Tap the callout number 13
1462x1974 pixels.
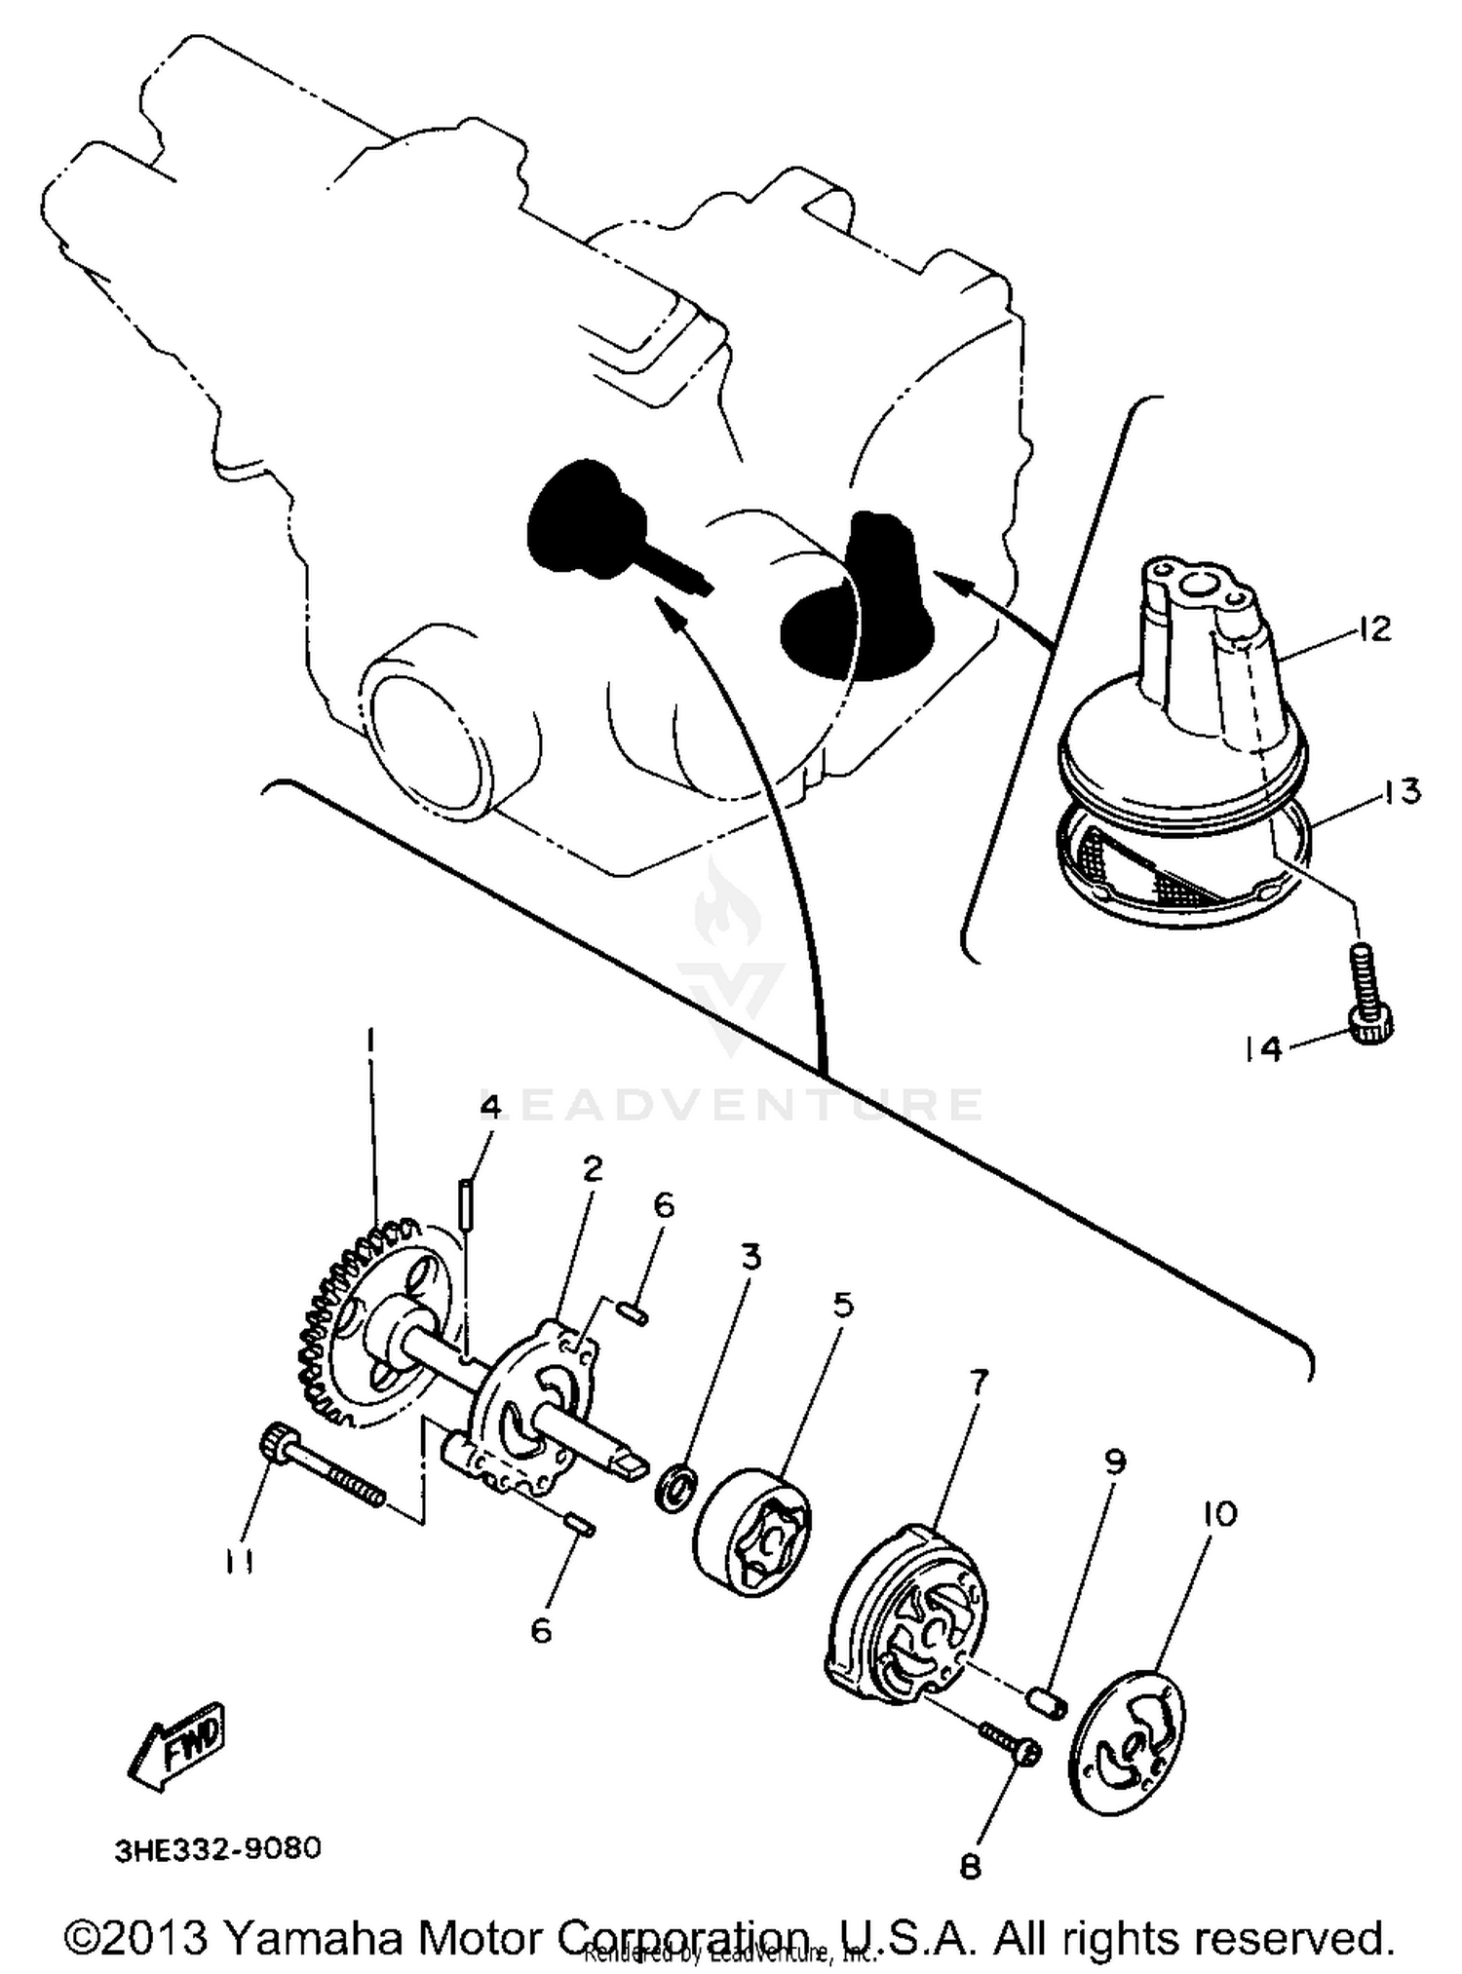[x=1401, y=791]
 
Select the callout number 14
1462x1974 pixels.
[x=1264, y=1049]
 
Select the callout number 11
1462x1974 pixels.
[x=240, y=1562]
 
